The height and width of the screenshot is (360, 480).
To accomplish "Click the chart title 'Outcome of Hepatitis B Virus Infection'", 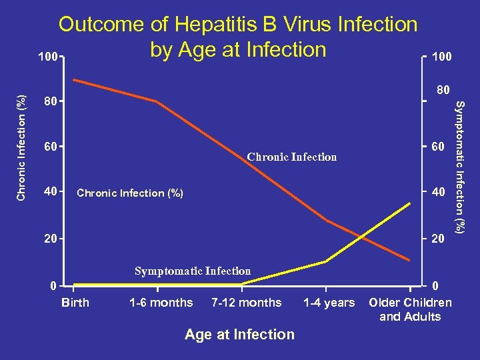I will click(x=238, y=25).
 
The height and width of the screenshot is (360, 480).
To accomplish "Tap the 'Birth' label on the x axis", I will click(x=75, y=303).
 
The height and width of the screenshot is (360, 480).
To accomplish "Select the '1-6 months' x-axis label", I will click(x=161, y=303).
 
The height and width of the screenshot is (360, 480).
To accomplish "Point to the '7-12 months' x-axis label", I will click(x=246, y=303).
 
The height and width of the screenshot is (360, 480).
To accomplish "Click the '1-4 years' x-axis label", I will click(x=329, y=303).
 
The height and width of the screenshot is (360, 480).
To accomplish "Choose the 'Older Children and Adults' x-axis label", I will click(x=410, y=309).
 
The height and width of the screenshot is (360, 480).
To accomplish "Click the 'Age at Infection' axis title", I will click(x=239, y=334).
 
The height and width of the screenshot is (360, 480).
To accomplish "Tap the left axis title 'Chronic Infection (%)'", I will click(x=21, y=146).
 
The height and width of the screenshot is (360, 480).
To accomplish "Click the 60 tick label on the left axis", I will click(x=49, y=147).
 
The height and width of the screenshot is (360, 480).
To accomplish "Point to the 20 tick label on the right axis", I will click(x=437, y=239).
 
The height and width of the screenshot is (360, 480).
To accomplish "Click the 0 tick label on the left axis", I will click(x=52, y=286).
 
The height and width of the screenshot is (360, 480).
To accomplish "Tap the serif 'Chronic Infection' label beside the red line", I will click(x=291, y=157).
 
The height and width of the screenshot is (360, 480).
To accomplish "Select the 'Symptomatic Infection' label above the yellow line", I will click(x=193, y=271).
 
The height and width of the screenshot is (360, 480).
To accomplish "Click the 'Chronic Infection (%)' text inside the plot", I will click(x=130, y=193).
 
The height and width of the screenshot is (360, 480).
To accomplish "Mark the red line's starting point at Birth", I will click(x=74, y=80).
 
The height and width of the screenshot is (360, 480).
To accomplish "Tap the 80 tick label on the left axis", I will click(x=49, y=102).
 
